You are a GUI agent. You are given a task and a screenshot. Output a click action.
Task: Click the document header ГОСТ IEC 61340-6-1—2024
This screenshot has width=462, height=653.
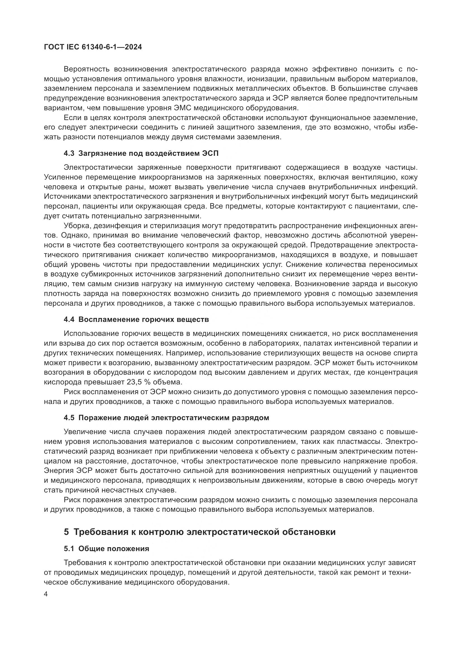(x=93, y=47)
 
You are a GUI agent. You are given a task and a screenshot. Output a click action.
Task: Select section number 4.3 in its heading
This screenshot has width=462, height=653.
(x=69, y=153)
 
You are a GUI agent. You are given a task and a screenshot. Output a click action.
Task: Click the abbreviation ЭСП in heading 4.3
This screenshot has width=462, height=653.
(x=210, y=153)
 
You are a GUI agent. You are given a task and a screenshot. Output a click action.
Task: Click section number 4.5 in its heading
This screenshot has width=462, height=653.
(x=69, y=418)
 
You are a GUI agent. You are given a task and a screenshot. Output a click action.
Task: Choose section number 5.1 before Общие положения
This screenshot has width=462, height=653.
(x=69, y=549)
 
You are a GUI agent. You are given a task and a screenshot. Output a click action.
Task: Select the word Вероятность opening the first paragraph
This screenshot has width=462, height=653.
(x=87, y=69)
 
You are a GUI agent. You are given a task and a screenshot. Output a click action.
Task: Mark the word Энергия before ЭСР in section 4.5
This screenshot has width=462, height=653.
(x=58, y=471)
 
